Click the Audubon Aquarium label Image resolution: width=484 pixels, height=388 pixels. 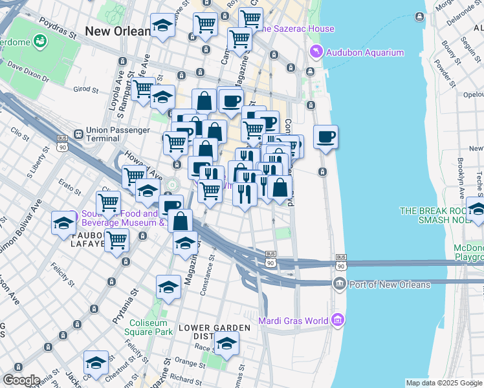pyautogui.click(x=365, y=52)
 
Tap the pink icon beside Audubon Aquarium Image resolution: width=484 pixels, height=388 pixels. pyautogui.click(x=316, y=52)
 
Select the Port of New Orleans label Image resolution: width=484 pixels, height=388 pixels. pyautogui.click(x=389, y=285)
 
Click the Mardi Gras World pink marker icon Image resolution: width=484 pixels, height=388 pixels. pyautogui.click(x=337, y=319)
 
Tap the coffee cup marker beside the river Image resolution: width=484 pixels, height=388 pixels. pyautogui.click(x=326, y=137)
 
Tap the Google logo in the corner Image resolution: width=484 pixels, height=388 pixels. pyautogui.click(x=21, y=380)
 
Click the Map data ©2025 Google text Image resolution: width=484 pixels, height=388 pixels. pyautogui.click(x=444, y=383)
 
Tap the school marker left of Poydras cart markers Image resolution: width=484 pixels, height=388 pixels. pyautogui.click(x=162, y=26)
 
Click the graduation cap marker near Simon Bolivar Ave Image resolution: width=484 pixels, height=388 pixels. pyautogui.click(x=63, y=223)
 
